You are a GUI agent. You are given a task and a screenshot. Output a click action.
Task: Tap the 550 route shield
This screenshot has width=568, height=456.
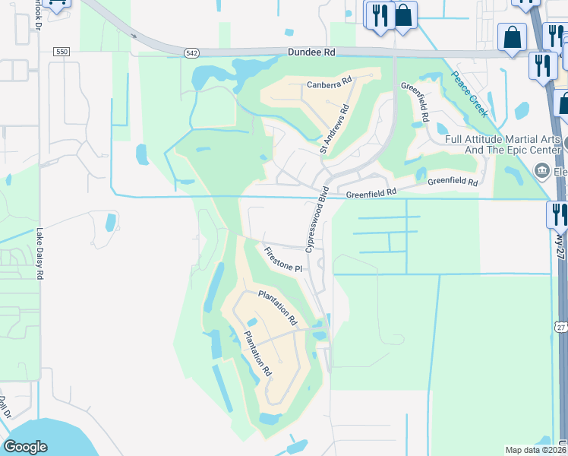coord(62,52)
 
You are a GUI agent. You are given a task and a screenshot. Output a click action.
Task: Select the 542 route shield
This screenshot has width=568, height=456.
coord(191,53)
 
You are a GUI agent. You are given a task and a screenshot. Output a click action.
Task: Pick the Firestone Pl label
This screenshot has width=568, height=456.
coord(283,259)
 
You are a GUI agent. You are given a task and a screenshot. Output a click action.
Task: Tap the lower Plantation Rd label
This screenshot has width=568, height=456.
coord(257,355)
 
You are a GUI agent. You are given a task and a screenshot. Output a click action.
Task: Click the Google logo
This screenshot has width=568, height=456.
coord(25,447)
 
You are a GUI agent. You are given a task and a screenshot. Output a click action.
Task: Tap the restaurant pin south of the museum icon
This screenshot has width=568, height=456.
coord(558,214)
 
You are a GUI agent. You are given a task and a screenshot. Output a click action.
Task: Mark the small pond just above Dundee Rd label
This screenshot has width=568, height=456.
coord(289,33)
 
